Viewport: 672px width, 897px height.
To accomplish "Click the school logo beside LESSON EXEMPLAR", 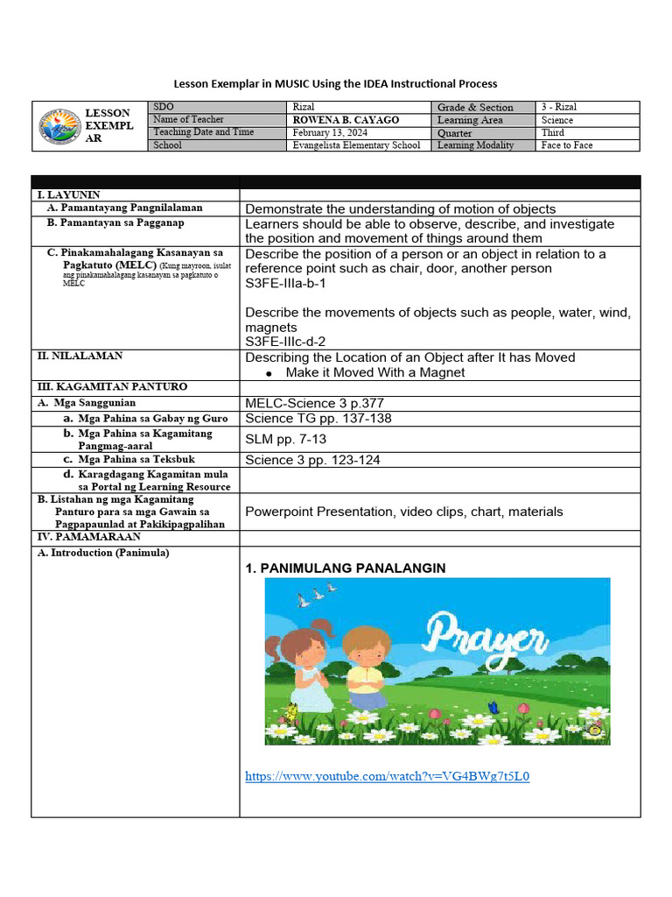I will coord(59,126).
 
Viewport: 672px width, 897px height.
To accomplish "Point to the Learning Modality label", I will coord(475,145).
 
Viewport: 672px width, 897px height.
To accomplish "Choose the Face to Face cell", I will coord(566,145).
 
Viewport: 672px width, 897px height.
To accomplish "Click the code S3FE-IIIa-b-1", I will coord(286,284).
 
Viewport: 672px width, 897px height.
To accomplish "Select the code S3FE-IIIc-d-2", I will coord(287,342).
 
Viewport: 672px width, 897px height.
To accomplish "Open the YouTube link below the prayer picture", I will coord(388,776).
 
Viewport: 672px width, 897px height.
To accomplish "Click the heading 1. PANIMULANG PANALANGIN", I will coord(346,569).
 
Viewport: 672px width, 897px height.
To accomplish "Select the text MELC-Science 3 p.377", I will coord(314,403).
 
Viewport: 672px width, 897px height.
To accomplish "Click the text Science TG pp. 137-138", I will coord(318,418).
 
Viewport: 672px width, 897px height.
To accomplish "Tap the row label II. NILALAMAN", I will coord(79,356).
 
